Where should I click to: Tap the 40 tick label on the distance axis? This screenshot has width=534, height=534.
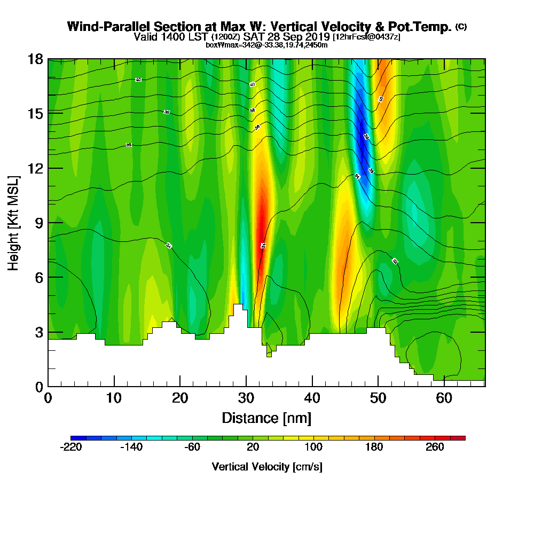click(x=312, y=398)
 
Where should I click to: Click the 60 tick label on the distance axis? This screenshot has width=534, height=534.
click(x=444, y=398)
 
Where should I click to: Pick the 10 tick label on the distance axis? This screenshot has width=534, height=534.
click(x=114, y=398)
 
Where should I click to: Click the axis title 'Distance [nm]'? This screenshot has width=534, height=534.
click(x=266, y=418)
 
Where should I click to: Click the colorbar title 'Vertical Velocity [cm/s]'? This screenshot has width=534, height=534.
click(x=267, y=467)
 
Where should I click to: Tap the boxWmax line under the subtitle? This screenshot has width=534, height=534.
click(x=266, y=45)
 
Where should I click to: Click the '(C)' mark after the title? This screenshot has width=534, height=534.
click(x=461, y=27)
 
